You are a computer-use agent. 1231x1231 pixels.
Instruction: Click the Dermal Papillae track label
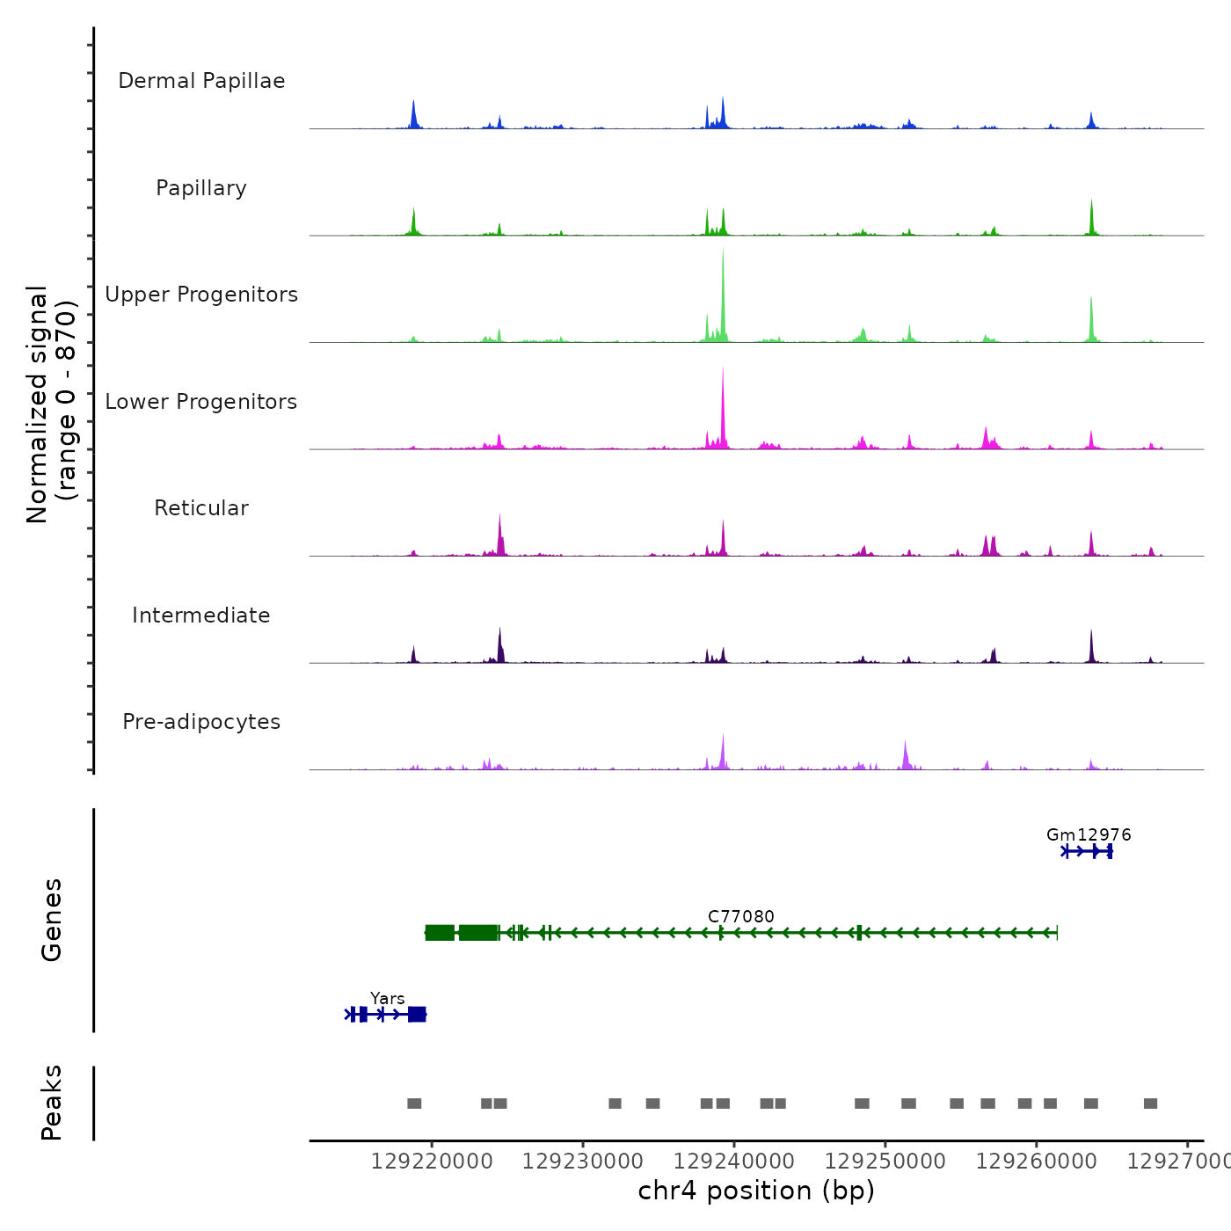(x=201, y=81)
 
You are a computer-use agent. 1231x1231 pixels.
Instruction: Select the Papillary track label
(x=201, y=188)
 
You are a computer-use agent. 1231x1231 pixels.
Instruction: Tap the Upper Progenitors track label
(x=201, y=295)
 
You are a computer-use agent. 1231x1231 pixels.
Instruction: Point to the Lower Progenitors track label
(x=201, y=402)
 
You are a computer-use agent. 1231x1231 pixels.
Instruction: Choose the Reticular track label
(x=201, y=508)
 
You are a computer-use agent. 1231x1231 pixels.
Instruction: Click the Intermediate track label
(x=201, y=615)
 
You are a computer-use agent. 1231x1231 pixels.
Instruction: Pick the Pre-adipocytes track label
(x=201, y=722)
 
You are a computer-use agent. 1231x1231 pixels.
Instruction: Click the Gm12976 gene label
(x=1089, y=835)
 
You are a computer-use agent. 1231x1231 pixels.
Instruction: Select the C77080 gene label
(x=741, y=916)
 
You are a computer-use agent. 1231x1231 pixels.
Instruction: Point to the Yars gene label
(x=388, y=999)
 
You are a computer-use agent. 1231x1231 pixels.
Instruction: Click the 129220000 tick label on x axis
(x=432, y=1162)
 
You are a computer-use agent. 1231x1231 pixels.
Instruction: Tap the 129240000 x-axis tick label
(x=734, y=1162)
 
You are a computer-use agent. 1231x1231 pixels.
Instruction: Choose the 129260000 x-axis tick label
(x=1037, y=1162)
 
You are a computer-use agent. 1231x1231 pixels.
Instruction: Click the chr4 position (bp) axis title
(x=756, y=1191)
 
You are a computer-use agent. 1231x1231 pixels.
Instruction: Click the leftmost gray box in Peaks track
(x=414, y=1104)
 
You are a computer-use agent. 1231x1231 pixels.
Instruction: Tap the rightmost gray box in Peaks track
(x=1150, y=1104)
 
